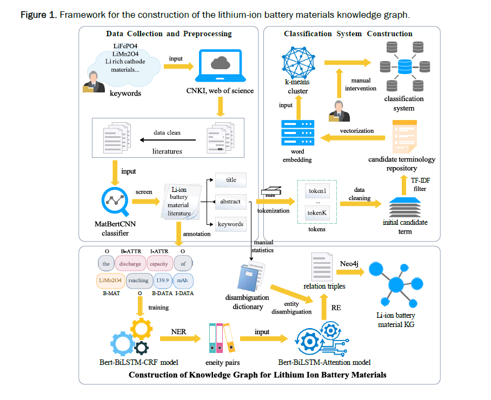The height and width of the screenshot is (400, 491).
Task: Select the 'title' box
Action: (x=231, y=180)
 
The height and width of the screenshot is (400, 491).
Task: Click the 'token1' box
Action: (x=318, y=191)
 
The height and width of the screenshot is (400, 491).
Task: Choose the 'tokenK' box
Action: (x=318, y=213)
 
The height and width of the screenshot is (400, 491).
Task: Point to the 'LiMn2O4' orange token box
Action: (x=110, y=281)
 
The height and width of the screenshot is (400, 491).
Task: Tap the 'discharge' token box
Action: (x=130, y=264)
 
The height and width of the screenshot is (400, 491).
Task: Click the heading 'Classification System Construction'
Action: (x=348, y=34)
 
